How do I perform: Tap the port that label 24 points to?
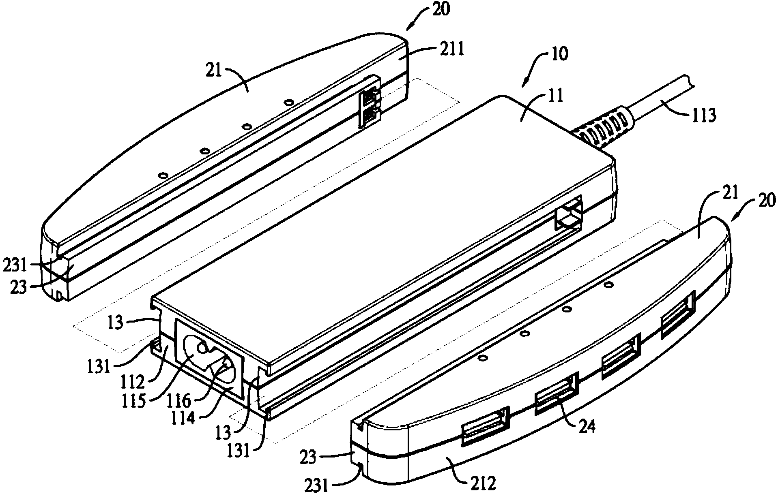click(557, 394)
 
